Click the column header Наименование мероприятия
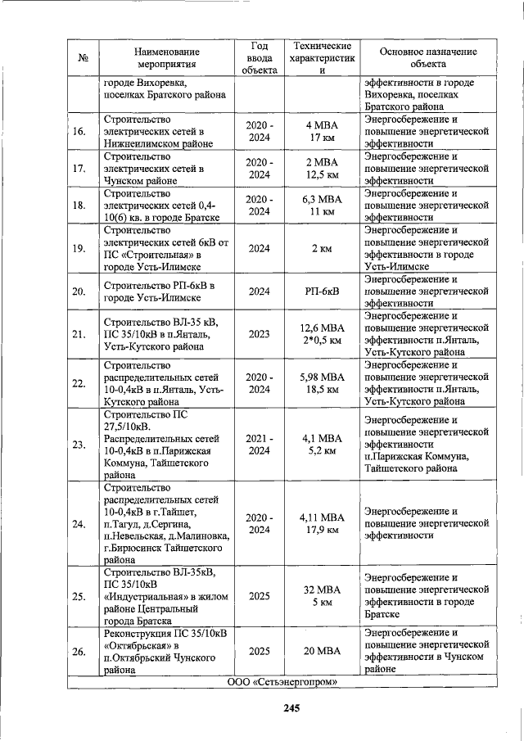167,56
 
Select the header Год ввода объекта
260,56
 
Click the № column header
83,57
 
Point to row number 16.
79,132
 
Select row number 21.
79,334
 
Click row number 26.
79,651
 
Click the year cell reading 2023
260,334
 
